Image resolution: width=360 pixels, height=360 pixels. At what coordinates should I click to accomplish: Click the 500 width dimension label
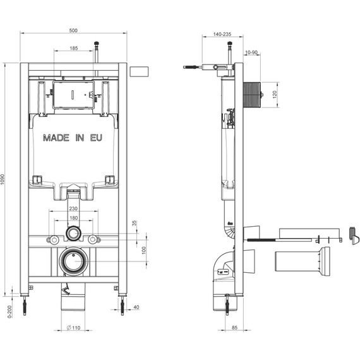[x=73, y=30]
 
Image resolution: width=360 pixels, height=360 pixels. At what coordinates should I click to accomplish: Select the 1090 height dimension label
[x=3, y=179]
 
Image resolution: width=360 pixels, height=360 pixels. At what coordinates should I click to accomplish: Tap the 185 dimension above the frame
[x=73, y=48]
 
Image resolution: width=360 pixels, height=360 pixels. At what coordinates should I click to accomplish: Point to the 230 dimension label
[x=73, y=208]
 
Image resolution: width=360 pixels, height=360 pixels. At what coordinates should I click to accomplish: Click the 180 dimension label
[x=73, y=218]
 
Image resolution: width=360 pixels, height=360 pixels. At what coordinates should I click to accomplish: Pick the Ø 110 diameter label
[x=73, y=328]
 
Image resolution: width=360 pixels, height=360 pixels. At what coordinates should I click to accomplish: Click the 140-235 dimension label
[x=222, y=34]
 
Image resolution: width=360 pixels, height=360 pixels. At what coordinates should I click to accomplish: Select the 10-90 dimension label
[x=251, y=52]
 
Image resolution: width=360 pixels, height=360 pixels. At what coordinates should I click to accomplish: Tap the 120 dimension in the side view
[x=275, y=94]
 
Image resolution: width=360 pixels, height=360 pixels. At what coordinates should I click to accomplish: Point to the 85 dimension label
[x=234, y=328]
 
